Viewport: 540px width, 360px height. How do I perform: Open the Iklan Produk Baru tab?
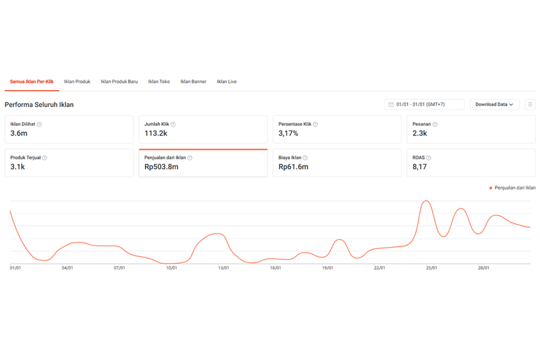click(119, 81)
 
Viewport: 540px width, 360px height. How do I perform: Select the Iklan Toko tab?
click(159, 81)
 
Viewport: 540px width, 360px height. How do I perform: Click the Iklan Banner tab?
click(193, 81)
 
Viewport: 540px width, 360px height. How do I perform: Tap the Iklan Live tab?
click(227, 81)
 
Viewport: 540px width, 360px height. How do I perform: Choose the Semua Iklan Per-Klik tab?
click(31, 81)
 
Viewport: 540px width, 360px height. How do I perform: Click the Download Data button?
click(495, 104)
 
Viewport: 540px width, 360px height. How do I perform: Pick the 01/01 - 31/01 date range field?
click(424, 104)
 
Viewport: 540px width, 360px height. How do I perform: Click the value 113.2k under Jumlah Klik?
click(156, 133)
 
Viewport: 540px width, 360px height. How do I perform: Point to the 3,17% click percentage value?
click(288, 133)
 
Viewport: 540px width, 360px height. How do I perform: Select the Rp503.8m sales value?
click(161, 166)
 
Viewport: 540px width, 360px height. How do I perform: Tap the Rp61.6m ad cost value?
click(293, 166)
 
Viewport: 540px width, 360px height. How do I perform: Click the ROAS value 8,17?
click(419, 167)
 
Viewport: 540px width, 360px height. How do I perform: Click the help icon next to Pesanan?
click(435, 124)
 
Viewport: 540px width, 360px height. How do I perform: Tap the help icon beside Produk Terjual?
click(45, 157)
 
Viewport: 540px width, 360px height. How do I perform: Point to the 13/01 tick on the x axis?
click(224, 268)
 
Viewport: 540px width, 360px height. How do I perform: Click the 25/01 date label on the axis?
click(432, 268)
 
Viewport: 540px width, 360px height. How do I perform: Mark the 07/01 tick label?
click(119, 268)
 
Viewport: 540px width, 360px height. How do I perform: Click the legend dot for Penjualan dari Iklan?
click(490, 188)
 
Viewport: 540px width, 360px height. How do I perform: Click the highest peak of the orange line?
click(426, 201)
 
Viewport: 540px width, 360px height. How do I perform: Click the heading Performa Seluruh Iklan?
click(39, 105)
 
